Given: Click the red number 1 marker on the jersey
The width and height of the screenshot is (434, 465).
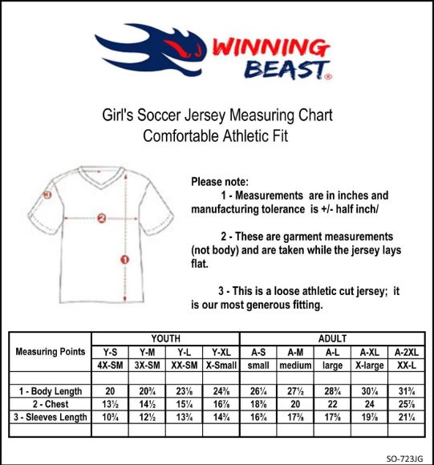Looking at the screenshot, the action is tap(124, 258).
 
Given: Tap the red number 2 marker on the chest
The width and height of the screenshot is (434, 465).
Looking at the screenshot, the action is tap(102, 217).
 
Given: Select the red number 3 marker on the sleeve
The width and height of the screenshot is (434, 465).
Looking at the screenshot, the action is tap(47, 194).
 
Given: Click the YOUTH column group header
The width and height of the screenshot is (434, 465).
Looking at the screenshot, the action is tap(165, 339).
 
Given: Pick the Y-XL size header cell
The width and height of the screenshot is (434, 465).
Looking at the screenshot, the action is tap(220, 352).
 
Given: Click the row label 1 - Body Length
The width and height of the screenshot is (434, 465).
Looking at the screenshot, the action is tap(51, 391).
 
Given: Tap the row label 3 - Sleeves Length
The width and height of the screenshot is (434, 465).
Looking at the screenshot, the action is tap(51, 417).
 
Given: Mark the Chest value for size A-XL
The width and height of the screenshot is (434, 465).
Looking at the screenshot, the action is tap(370, 404).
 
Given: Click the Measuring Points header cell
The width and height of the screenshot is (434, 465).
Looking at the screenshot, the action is tap(51, 352).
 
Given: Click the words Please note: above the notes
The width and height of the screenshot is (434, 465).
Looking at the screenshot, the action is tap(220, 182).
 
